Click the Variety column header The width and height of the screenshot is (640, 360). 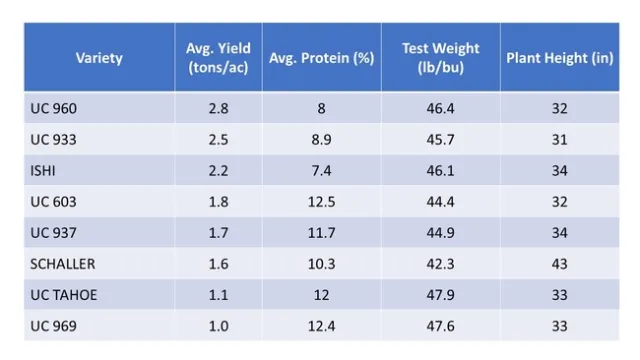pos(99,57)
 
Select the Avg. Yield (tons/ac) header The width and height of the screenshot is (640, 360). pos(218,57)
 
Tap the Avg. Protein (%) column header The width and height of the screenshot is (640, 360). pos(321,57)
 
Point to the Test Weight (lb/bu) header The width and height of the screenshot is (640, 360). pos(440,57)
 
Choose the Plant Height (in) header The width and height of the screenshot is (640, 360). pos(559,57)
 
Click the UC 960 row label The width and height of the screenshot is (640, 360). pos(53,108)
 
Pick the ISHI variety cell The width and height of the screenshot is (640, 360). pos(44,170)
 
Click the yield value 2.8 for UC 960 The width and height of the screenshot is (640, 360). pos(218,108)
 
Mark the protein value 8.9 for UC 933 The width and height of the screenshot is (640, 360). pos(321,139)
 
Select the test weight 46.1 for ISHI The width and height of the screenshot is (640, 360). pos(440,170)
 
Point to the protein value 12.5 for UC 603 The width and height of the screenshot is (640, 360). pos(321,201)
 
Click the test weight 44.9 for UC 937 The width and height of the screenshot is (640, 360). pos(440,232)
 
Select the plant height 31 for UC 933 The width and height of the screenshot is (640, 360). pos(559,139)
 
